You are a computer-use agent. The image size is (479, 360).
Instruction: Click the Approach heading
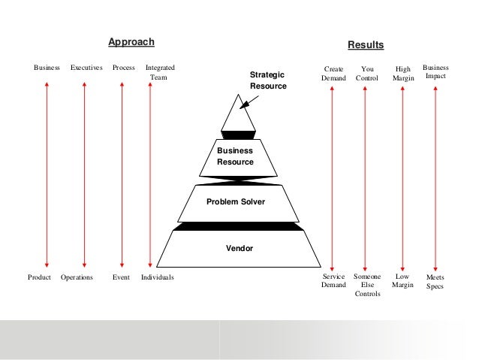click(131, 41)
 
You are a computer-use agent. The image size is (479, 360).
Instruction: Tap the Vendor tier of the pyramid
click(239, 247)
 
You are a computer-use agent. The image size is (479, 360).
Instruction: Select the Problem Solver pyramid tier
click(236, 201)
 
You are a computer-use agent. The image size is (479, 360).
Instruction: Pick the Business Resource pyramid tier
click(235, 156)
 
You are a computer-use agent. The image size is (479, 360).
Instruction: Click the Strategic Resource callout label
click(267, 80)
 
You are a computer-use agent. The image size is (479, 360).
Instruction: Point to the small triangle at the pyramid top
click(237, 116)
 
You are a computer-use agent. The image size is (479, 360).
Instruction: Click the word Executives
click(86, 68)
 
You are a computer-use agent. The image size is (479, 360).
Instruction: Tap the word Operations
click(77, 277)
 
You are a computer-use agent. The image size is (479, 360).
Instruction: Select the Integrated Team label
click(159, 72)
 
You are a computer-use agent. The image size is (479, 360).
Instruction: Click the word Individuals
click(157, 277)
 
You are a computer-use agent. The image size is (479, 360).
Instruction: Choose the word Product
click(39, 277)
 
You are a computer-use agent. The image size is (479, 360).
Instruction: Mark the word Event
click(121, 277)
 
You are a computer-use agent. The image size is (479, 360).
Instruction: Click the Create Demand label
click(333, 73)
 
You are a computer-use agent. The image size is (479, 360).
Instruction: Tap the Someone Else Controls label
click(367, 285)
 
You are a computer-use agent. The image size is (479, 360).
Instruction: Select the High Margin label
click(403, 73)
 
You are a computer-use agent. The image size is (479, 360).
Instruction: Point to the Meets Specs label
click(435, 281)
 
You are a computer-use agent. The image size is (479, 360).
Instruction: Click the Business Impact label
click(435, 72)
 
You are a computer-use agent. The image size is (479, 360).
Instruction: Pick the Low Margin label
click(402, 281)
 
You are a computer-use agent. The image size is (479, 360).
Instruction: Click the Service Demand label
click(333, 281)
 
